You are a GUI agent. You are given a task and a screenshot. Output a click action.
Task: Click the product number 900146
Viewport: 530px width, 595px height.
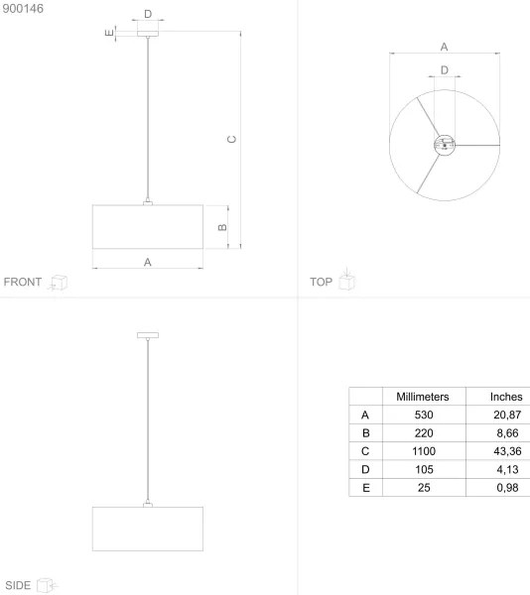(x=24, y=9)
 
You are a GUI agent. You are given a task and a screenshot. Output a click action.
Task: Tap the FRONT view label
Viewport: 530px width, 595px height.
(x=23, y=283)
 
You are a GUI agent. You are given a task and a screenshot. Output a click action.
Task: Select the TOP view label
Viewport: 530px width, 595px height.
(x=321, y=283)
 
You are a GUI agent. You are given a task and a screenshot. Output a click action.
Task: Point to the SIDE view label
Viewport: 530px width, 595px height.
(x=18, y=585)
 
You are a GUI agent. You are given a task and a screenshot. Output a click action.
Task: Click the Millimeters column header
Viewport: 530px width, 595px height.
(x=423, y=396)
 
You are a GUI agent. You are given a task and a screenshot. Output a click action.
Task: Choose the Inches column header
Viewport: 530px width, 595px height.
(x=506, y=396)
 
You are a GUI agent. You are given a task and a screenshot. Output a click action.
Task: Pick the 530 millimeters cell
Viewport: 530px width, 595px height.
(x=423, y=415)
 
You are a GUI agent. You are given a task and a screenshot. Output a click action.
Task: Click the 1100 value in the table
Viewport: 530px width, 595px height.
(x=423, y=451)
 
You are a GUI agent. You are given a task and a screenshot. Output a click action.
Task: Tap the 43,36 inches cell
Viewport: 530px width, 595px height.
(x=506, y=451)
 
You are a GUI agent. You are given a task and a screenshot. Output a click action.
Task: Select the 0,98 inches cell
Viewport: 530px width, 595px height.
(x=506, y=488)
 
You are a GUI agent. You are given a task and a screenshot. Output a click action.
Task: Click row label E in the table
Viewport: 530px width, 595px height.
(x=365, y=488)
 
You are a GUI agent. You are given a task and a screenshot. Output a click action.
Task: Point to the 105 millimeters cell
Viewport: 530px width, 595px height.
(x=423, y=470)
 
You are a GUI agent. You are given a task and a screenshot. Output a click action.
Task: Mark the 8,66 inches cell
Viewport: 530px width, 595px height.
(x=506, y=433)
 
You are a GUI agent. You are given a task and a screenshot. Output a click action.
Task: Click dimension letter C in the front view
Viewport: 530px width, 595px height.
(x=230, y=139)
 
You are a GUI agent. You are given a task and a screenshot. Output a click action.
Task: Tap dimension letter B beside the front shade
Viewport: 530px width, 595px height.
(x=222, y=227)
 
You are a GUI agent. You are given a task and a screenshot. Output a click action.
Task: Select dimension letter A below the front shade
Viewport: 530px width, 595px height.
(x=148, y=262)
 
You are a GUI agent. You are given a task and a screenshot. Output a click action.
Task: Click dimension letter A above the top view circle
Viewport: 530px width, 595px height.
(x=444, y=46)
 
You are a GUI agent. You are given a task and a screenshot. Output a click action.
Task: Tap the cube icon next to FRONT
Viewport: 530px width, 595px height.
(x=60, y=283)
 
